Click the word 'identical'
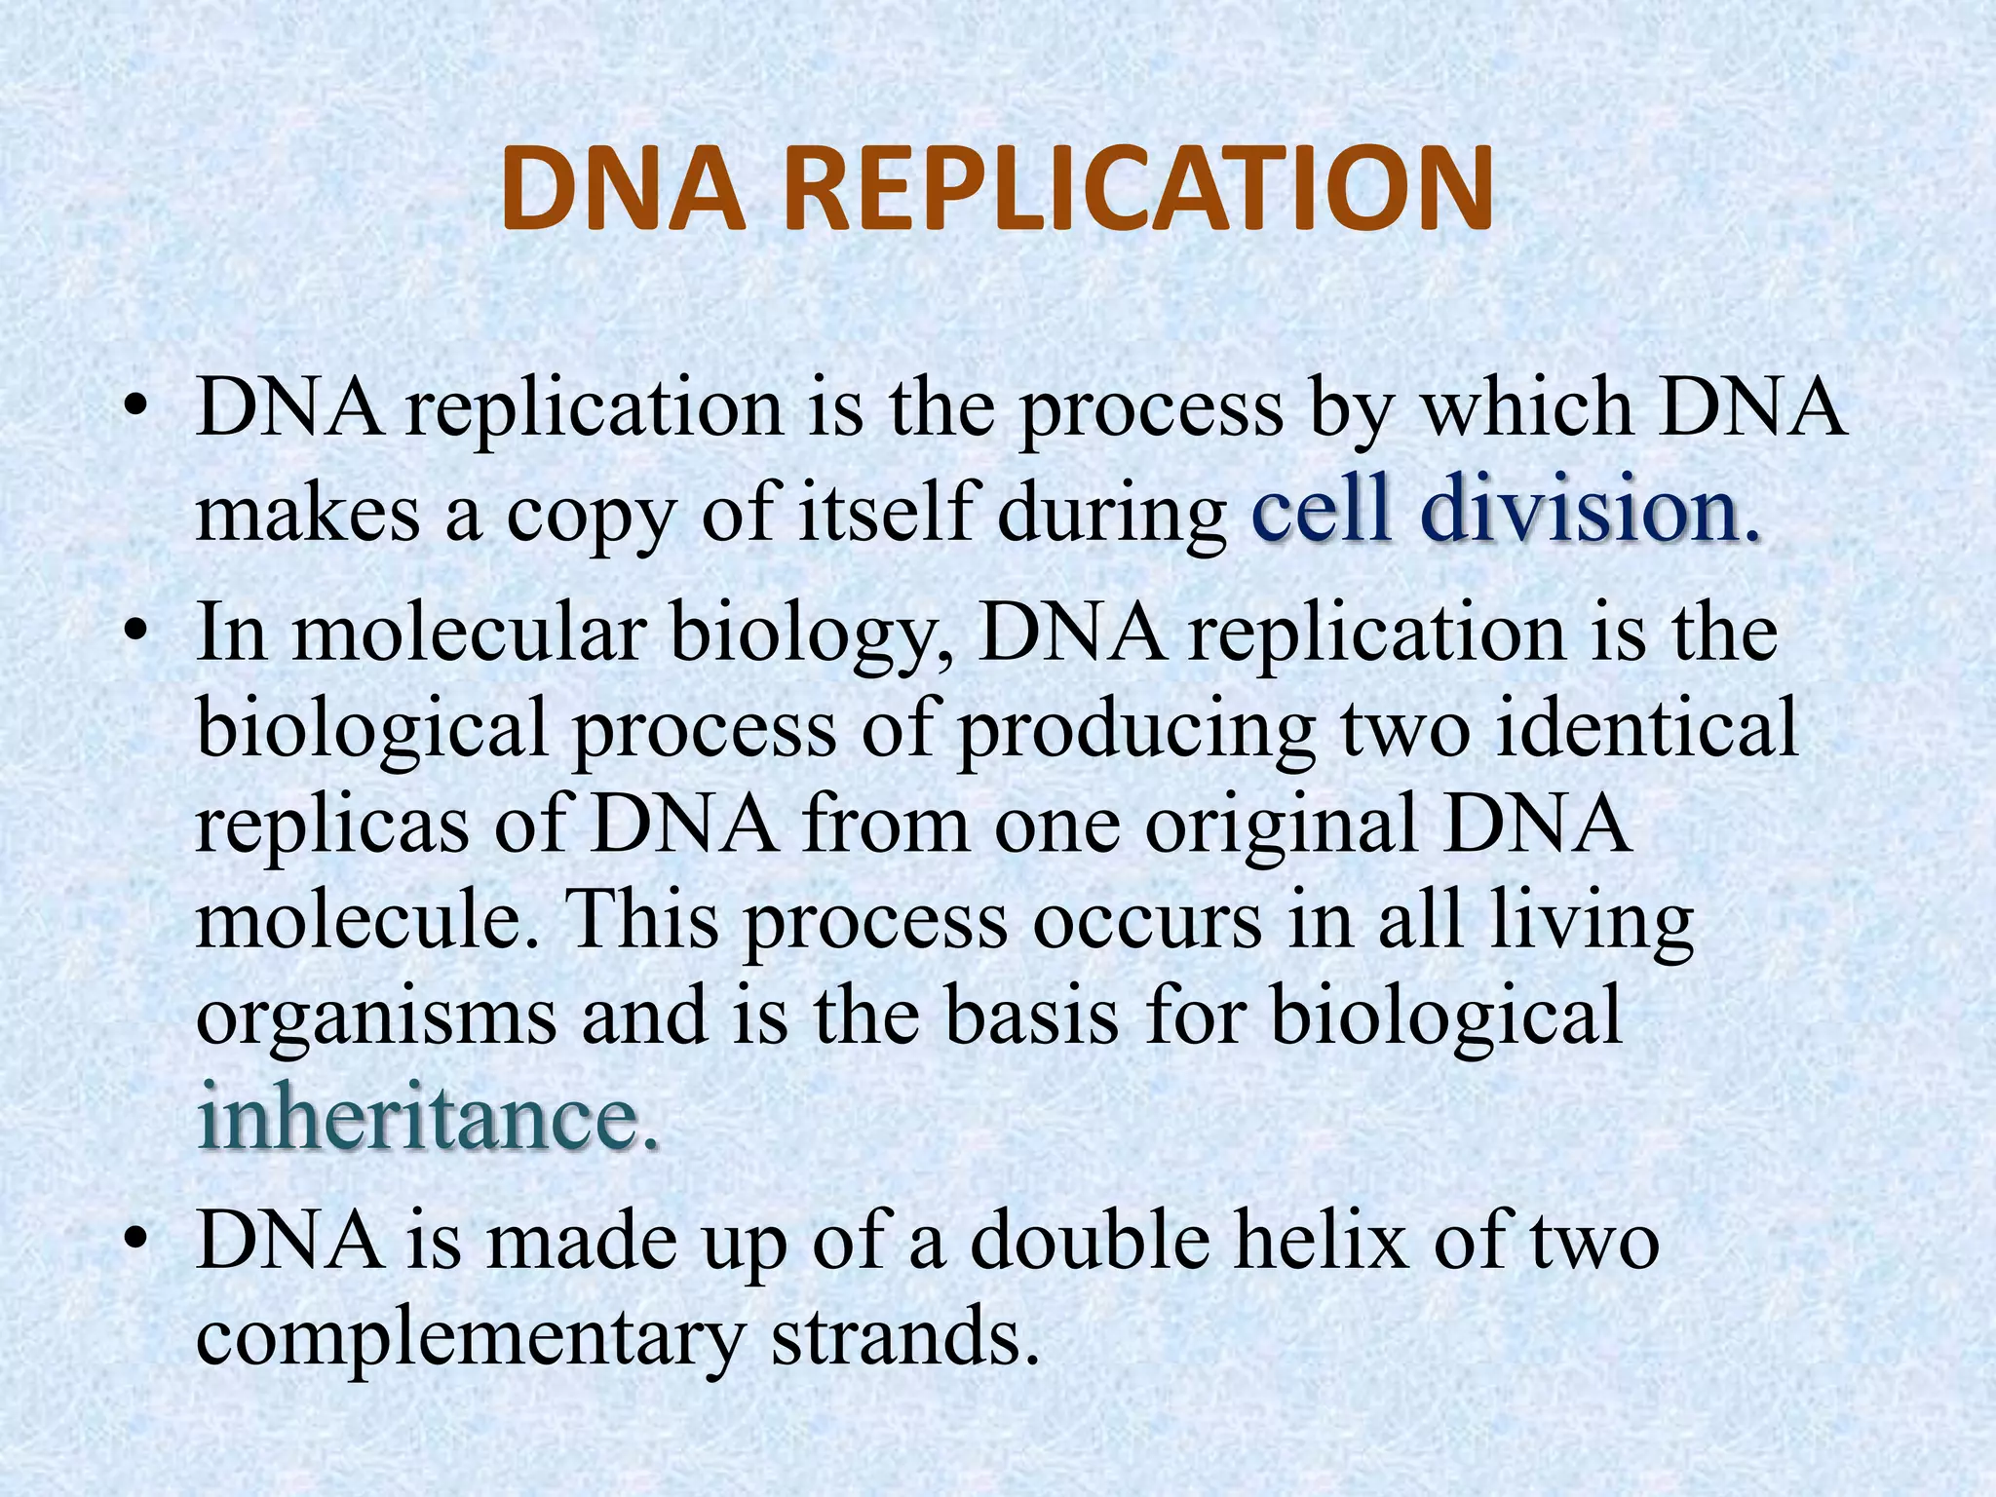click(x=1645, y=728)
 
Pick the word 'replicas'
click(x=332, y=825)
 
